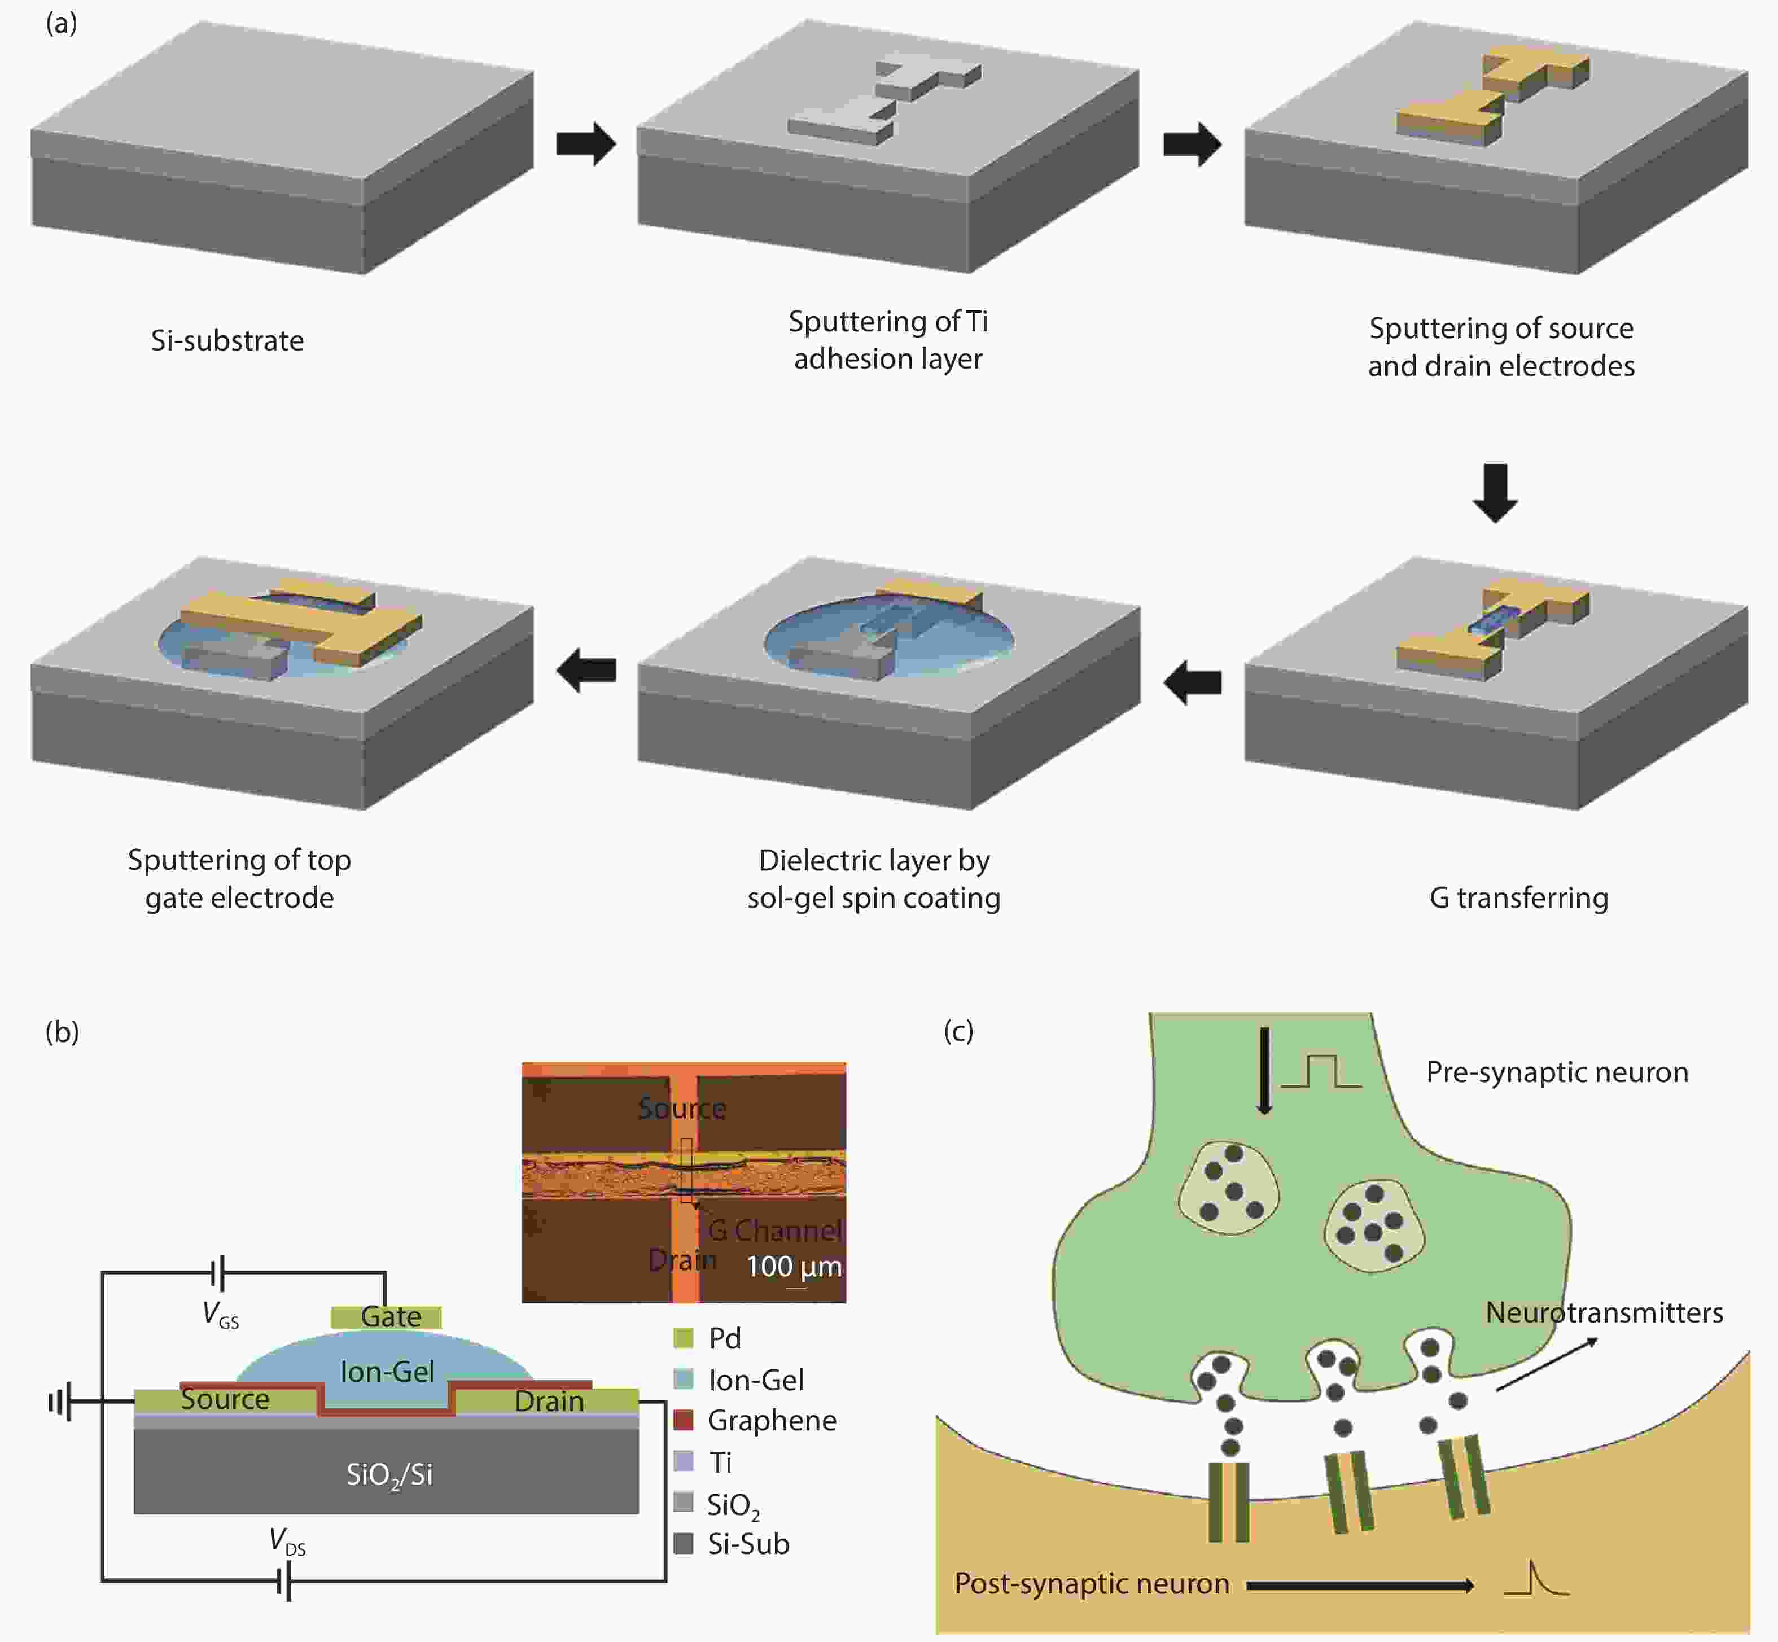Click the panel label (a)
[62, 23]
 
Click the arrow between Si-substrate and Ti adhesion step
[585, 143]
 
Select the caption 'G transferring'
[1518, 897]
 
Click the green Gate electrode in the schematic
[387, 1316]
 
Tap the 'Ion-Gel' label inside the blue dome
[387, 1371]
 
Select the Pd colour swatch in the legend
[684, 1337]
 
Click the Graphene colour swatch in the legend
[684, 1420]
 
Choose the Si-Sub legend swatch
[684, 1543]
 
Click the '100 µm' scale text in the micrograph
[794, 1266]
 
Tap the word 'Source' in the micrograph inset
[681, 1108]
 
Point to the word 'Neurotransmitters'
[1604, 1312]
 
